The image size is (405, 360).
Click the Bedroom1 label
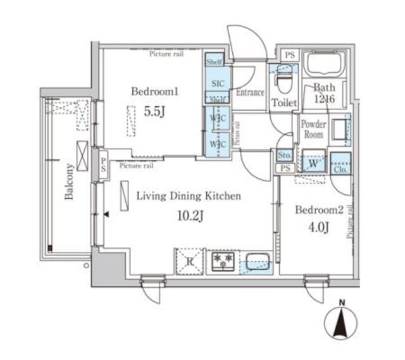click(x=155, y=92)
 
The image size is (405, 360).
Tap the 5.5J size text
click(x=154, y=111)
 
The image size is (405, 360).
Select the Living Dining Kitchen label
click(x=189, y=196)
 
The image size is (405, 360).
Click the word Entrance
click(x=250, y=92)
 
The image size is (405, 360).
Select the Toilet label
click(x=283, y=102)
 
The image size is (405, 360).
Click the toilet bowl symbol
click(x=282, y=81)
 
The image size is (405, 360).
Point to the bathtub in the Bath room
click(x=323, y=65)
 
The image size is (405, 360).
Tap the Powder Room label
click(x=313, y=129)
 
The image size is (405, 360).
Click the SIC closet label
click(x=217, y=83)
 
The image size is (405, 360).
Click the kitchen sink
click(x=256, y=261)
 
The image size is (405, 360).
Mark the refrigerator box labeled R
click(x=188, y=261)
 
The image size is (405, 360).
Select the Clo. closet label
click(x=340, y=168)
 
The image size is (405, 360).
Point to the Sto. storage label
click(x=285, y=155)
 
